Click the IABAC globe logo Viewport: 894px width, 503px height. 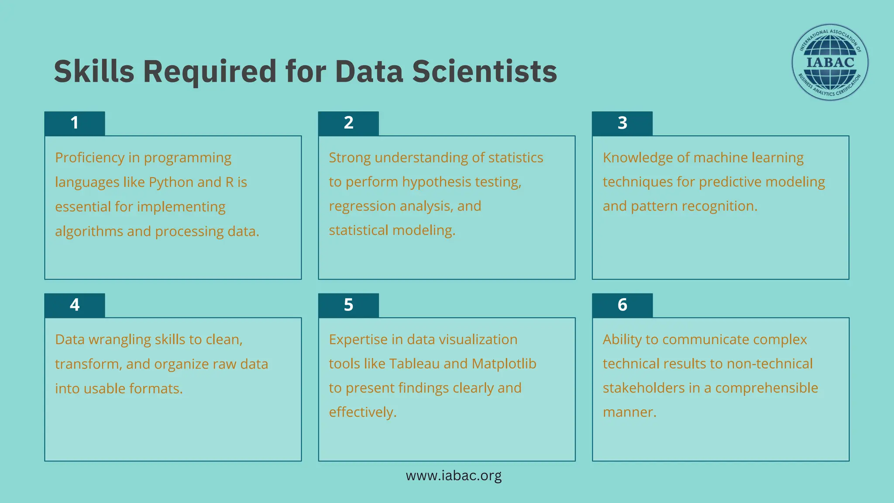coord(830,62)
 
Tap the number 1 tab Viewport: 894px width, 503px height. coord(75,123)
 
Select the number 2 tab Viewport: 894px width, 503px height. coord(348,123)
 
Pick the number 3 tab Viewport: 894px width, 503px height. coord(622,123)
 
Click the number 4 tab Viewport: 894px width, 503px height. coord(75,305)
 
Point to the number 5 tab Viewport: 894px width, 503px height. coord(348,305)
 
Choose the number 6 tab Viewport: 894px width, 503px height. coord(622,305)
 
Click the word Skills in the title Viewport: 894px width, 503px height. coord(94,71)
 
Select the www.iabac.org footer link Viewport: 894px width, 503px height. coord(454,475)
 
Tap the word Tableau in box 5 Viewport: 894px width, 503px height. coord(414,364)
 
